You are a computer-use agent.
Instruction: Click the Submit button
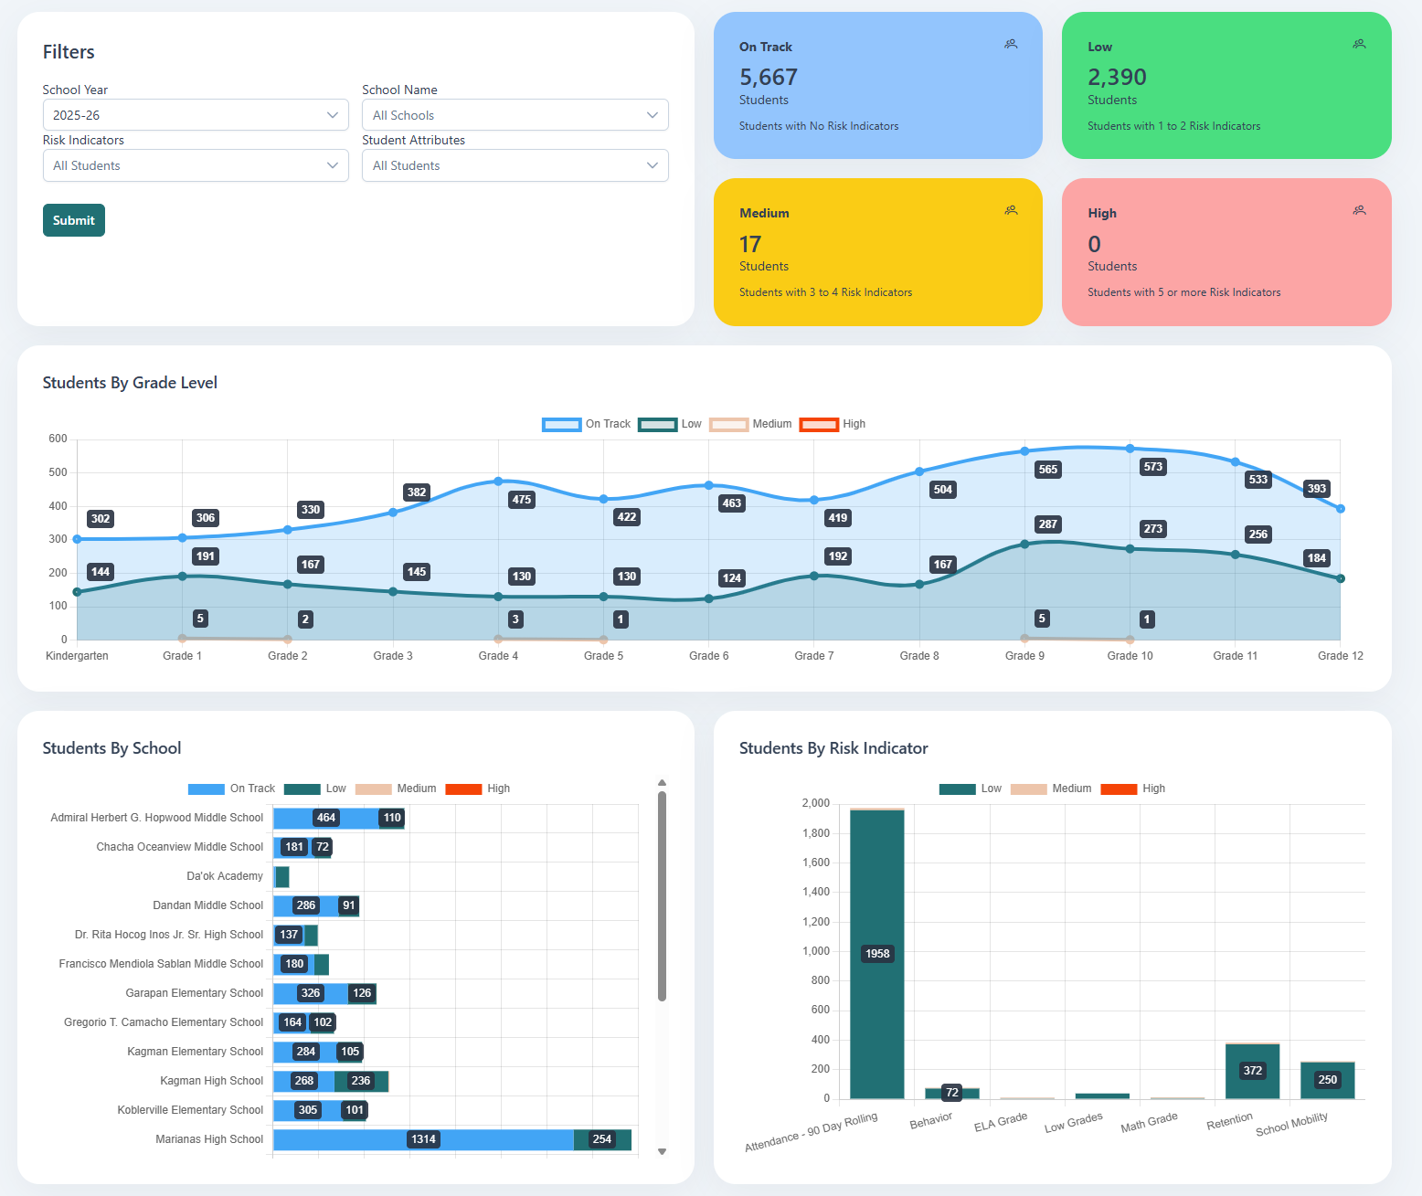[73, 220]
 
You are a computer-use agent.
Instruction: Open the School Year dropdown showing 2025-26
[196, 115]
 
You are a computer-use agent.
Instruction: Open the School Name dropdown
[515, 115]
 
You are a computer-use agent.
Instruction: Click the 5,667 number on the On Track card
[768, 78]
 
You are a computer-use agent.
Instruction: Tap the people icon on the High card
[1359, 210]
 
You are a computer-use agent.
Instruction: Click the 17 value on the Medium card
[749, 244]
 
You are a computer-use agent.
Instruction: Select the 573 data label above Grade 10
[1152, 467]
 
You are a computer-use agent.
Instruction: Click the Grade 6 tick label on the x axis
[708, 656]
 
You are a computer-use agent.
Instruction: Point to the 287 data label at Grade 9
[1047, 524]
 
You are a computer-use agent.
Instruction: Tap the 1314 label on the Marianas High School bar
[423, 1139]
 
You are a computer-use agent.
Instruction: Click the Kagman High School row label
[211, 1081]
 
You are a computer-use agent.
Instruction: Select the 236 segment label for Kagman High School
[361, 1081]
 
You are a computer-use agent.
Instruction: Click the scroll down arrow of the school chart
[662, 1152]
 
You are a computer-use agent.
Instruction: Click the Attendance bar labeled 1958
[876, 954]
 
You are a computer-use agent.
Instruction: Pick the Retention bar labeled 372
[1252, 1071]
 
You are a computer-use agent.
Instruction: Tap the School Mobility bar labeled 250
[1327, 1080]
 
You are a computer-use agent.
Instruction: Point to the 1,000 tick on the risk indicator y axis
[815, 951]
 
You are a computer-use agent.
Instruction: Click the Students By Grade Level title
[130, 383]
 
